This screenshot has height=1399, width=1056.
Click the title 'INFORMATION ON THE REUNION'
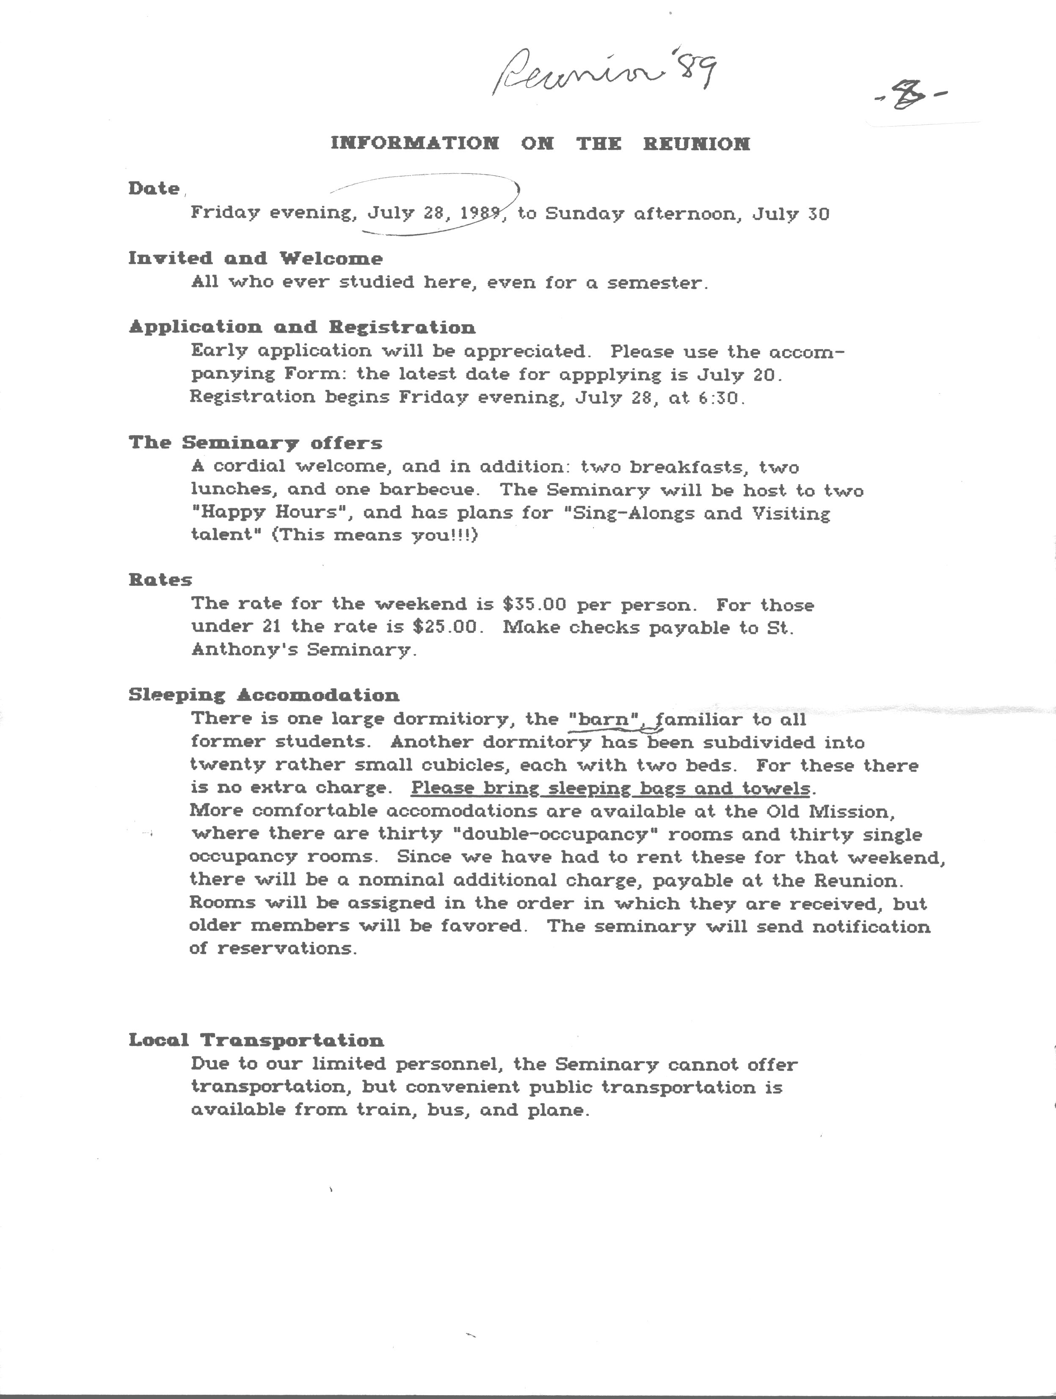click(540, 143)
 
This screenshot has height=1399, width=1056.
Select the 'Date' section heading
click(154, 188)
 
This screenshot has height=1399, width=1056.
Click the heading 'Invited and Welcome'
click(256, 258)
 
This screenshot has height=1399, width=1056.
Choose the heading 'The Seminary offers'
click(256, 443)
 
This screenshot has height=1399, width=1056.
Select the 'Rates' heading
click(160, 580)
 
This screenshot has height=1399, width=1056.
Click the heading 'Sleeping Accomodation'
click(264, 695)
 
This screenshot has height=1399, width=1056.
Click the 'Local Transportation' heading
click(256, 1040)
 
